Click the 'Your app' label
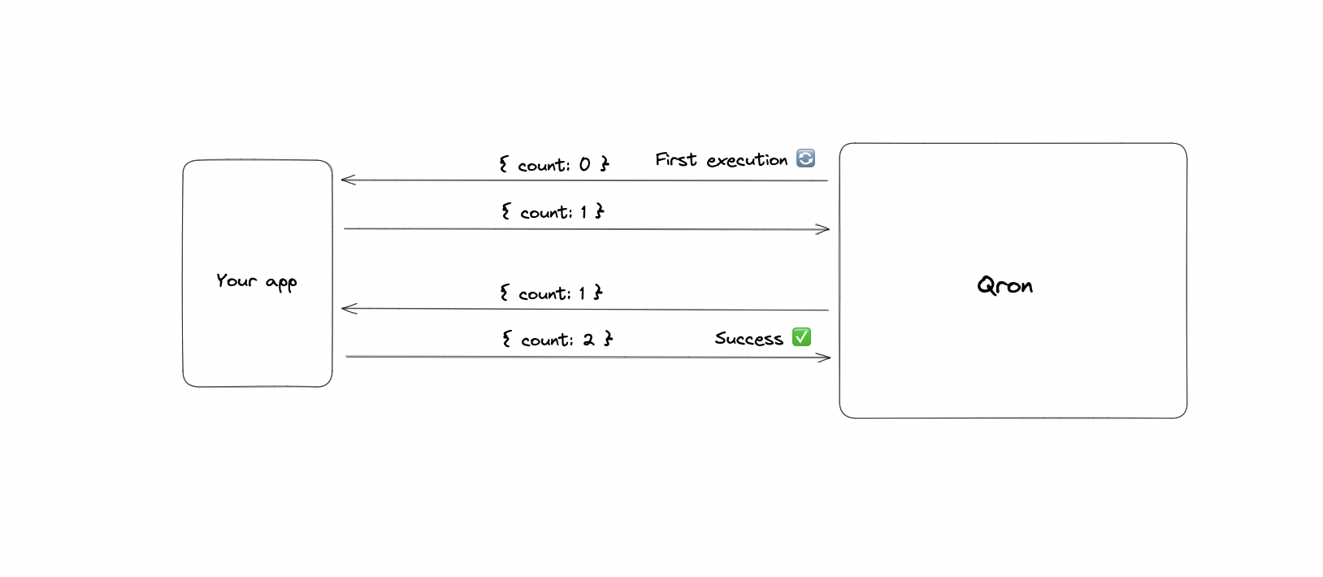point(256,281)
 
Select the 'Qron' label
point(1004,285)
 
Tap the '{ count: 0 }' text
point(554,165)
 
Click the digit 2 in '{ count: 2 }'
point(588,340)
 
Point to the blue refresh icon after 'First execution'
point(805,158)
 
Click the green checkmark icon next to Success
point(801,336)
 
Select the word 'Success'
point(748,339)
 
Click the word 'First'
point(676,159)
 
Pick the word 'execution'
point(747,161)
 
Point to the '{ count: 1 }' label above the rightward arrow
point(553,212)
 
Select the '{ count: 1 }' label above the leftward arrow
point(551,293)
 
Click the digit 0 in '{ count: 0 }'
point(584,165)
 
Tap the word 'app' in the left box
point(281,284)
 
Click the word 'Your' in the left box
point(236,280)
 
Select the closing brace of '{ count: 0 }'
point(605,164)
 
